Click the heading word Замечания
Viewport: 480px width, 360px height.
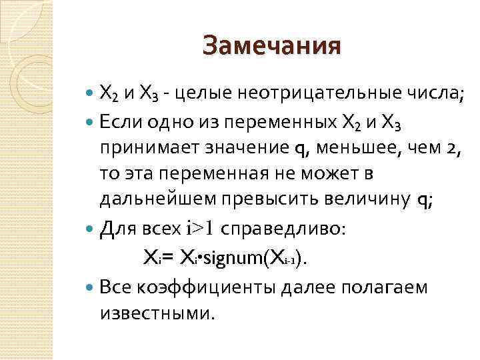click(x=271, y=46)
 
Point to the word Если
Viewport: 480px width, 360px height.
click(x=120, y=122)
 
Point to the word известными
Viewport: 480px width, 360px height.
click(x=157, y=312)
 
